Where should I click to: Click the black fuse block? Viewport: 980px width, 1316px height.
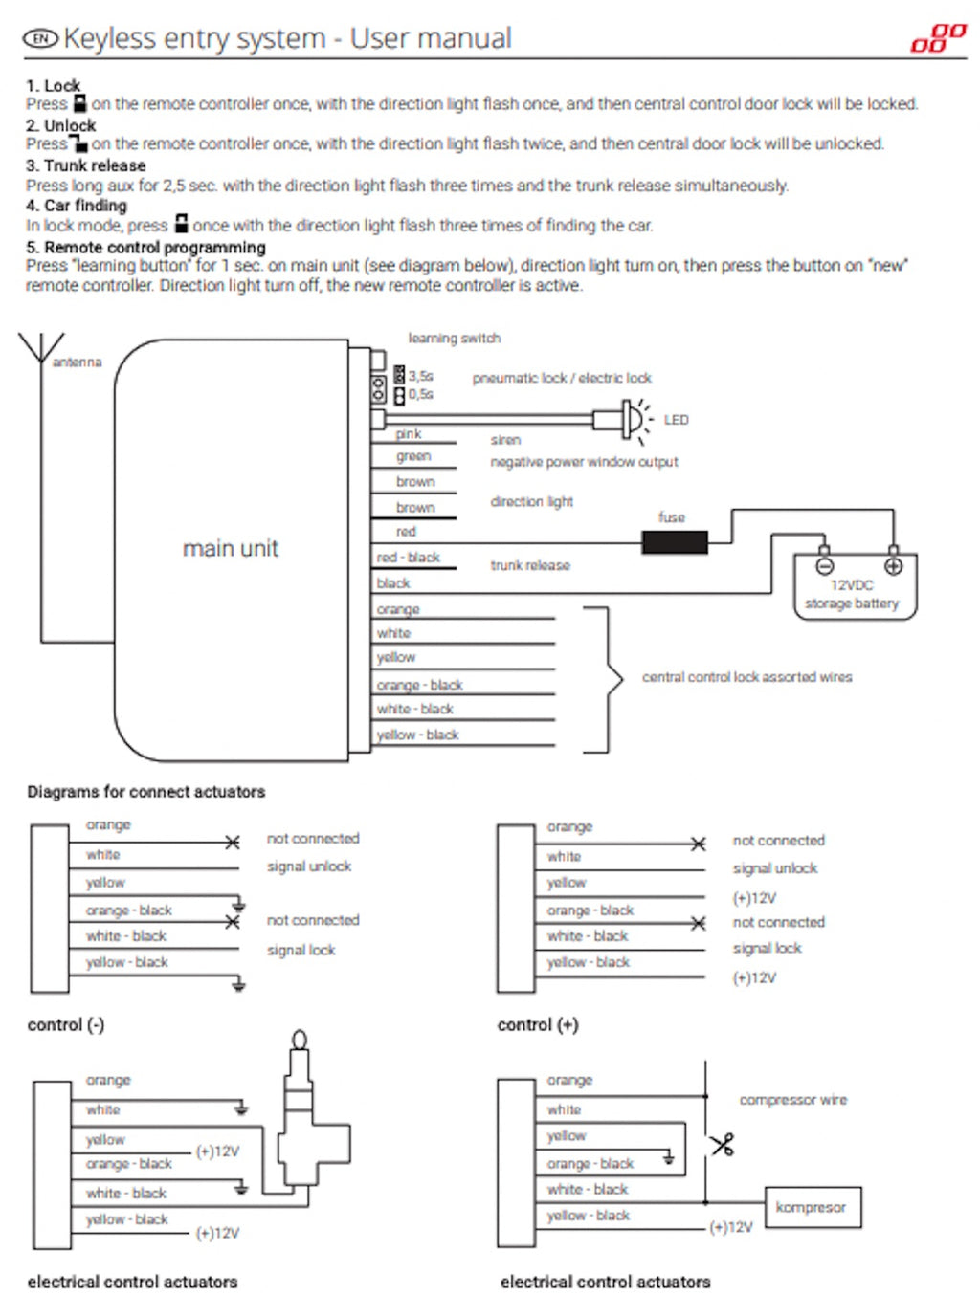tap(675, 542)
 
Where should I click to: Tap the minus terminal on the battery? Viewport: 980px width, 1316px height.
tap(824, 565)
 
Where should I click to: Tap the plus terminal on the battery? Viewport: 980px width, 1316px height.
tap(893, 565)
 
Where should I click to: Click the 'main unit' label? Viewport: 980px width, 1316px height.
tap(231, 548)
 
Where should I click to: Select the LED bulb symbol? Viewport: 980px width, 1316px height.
tap(632, 419)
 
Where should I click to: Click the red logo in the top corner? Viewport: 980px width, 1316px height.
tap(938, 38)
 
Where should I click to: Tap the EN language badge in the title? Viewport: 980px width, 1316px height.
tap(40, 39)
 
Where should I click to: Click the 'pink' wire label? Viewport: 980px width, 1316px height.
tap(409, 434)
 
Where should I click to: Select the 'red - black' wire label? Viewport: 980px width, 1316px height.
tap(409, 557)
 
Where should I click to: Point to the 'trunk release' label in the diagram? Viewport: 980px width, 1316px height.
tap(530, 565)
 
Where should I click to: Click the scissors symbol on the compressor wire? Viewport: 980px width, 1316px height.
tap(723, 1144)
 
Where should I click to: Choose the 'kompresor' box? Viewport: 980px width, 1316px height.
tap(813, 1207)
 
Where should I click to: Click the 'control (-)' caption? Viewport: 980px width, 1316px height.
tap(66, 1024)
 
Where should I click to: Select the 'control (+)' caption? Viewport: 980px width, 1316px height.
tap(538, 1024)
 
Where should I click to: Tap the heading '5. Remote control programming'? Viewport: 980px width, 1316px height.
tap(145, 247)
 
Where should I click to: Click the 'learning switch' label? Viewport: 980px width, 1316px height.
tap(455, 338)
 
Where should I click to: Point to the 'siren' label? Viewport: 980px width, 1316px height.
tap(505, 440)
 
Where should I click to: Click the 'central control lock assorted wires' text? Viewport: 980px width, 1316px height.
tap(746, 677)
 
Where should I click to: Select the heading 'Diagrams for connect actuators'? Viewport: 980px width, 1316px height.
tap(145, 792)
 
